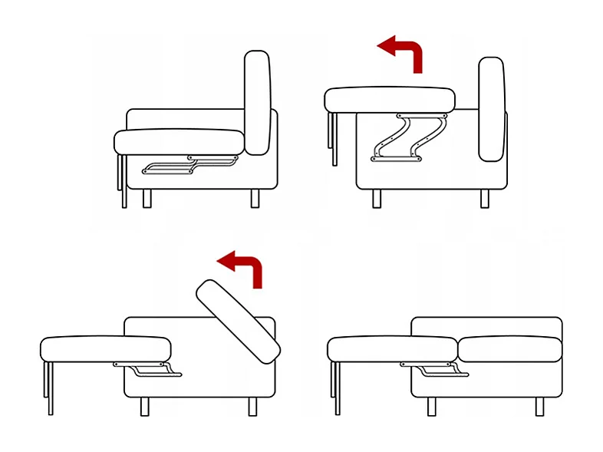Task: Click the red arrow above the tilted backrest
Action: (x=244, y=269)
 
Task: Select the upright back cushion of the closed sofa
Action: (x=258, y=103)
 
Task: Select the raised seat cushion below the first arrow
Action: (x=390, y=100)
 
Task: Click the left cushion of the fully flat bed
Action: (x=392, y=349)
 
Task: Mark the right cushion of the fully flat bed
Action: (x=509, y=349)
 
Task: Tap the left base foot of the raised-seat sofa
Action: (x=377, y=199)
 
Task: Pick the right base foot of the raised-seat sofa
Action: (x=485, y=199)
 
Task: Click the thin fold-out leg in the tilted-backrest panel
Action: (x=49, y=388)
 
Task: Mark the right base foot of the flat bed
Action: (x=542, y=406)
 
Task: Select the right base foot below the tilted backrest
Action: (x=252, y=406)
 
